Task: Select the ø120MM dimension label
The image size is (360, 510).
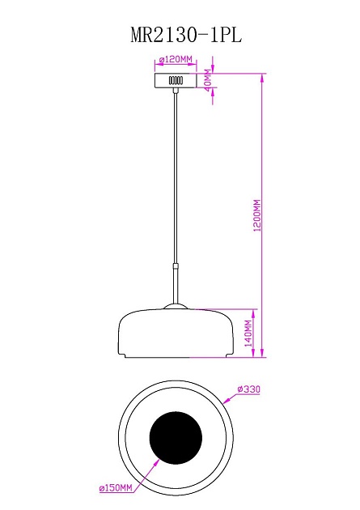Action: coord(176,60)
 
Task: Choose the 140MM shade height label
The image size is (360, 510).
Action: coord(249,333)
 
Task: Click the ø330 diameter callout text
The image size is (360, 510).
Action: coord(248,389)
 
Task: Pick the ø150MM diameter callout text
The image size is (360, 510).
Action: coord(115,487)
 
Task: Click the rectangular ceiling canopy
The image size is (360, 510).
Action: coord(176,81)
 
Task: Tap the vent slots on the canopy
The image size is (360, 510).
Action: coord(176,81)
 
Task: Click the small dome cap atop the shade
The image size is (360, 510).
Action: coord(176,306)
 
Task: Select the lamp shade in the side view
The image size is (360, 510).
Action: coord(176,334)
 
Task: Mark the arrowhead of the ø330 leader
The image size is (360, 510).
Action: coord(222,401)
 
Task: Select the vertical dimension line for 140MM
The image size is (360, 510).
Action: coord(257,332)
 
